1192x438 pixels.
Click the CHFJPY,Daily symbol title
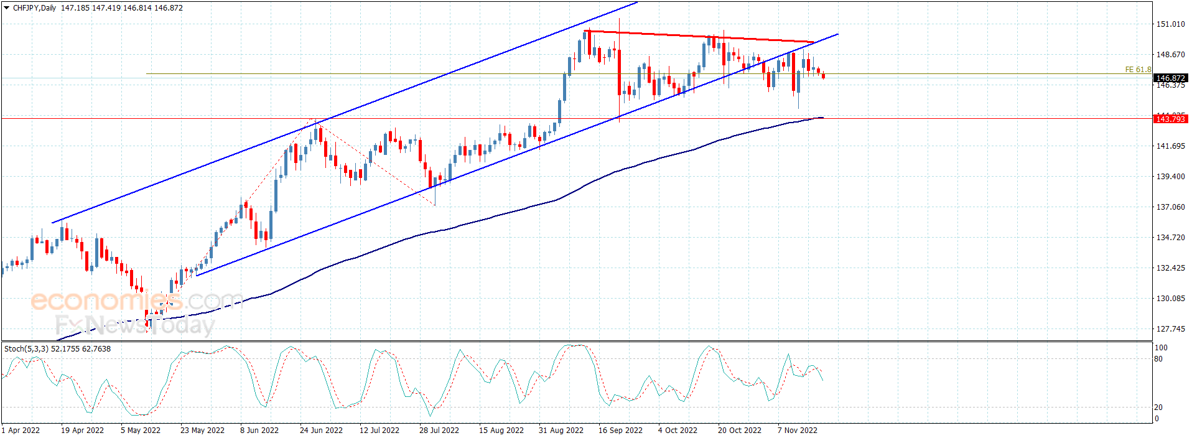(34, 8)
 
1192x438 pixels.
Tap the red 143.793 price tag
(1170, 119)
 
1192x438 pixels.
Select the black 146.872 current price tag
(1170, 78)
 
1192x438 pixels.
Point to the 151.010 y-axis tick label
(1170, 24)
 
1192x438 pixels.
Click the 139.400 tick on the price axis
(1170, 177)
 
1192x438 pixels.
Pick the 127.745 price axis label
(1170, 329)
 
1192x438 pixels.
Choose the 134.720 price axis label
(1170, 238)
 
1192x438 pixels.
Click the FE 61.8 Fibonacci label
(1138, 70)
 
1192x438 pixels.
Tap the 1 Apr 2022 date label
(21, 431)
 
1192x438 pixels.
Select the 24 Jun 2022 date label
(321, 431)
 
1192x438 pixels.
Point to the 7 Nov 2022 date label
(798, 431)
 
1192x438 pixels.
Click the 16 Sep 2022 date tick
(620, 431)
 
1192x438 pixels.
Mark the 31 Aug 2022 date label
(561, 431)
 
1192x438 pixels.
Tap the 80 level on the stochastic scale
(1158, 359)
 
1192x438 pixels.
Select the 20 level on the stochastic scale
(1158, 408)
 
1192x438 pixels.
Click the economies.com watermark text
(137, 301)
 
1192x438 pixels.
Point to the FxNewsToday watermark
(134, 325)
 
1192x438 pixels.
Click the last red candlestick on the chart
(824, 76)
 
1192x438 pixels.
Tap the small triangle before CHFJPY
(7, 8)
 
